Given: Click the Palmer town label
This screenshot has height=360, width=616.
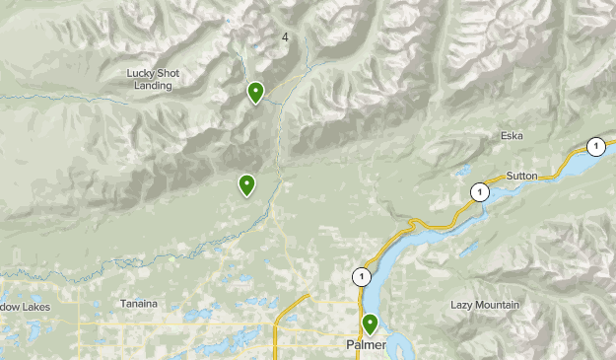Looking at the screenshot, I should pos(366,345).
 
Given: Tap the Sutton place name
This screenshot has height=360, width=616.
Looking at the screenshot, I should pos(521,176).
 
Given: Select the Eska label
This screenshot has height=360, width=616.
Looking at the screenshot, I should pos(511,136).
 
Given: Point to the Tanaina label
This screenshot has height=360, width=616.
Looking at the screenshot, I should pos(138,304).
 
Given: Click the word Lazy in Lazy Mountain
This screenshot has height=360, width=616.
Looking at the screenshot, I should pos(463,306).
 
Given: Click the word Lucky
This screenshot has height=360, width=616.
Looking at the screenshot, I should pos(143,73).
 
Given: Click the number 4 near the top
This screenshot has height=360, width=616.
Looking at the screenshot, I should pos(285,37).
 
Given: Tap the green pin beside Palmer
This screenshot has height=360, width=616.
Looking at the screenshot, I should pos(370,323).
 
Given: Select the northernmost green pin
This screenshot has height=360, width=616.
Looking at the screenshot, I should pos(255,92).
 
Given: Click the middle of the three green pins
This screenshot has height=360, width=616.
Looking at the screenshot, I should pos(246,183).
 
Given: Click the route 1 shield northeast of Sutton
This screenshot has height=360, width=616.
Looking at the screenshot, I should pos(595,146).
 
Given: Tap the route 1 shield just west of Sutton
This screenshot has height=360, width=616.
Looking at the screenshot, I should pos(479,191).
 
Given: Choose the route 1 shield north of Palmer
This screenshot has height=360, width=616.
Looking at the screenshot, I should pos(362,277).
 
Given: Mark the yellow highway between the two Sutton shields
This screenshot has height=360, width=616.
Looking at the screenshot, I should pos(542,174).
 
